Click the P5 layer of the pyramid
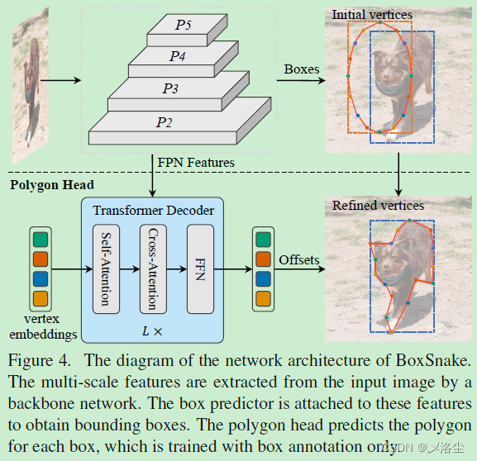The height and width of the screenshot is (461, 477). [x=183, y=26]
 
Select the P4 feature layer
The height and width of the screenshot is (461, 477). [x=178, y=56]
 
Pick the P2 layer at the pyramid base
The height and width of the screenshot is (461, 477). [x=165, y=122]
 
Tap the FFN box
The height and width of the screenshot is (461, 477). [x=200, y=269]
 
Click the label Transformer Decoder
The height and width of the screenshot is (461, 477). [x=153, y=211]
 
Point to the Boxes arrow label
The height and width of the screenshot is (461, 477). [x=301, y=69]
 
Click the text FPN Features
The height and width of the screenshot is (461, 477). [x=196, y=162]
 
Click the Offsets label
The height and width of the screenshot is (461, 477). [x=298, y=259]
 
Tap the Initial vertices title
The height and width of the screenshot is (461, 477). [x=371, y=14]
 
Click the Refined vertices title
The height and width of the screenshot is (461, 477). [x=378, y=205]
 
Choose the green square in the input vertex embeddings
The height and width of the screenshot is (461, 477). [x=41, y=240]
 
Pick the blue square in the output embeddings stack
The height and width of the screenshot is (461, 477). [x=263, y=278]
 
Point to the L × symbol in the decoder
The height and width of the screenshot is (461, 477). [x=153, y=330]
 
